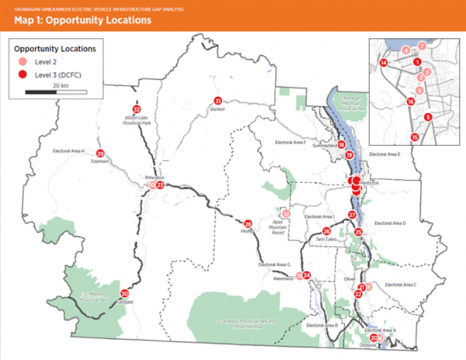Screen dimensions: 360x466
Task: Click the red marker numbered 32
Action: coord(137,109)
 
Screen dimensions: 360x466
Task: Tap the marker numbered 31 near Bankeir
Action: coord(218,101)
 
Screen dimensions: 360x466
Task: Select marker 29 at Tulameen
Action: coord(100,153)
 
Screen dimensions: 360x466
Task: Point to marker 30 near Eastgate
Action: coord(124,293)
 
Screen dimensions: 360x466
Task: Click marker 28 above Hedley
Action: coord(249,223)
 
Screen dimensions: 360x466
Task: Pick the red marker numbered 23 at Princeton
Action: coord(160,185)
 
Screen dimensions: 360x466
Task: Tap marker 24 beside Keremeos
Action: coord(307,275)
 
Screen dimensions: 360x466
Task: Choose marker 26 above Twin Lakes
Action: coord(327,231)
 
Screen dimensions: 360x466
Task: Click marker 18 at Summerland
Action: coord(342,145)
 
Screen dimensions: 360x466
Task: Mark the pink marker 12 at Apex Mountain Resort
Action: coord(286,214)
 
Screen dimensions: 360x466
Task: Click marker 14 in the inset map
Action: coord(384,62)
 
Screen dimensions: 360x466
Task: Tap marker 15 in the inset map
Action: coord(416,137)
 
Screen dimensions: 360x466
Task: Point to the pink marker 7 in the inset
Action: coord(422,47)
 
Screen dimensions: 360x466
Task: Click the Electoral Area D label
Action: coord(390,223)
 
